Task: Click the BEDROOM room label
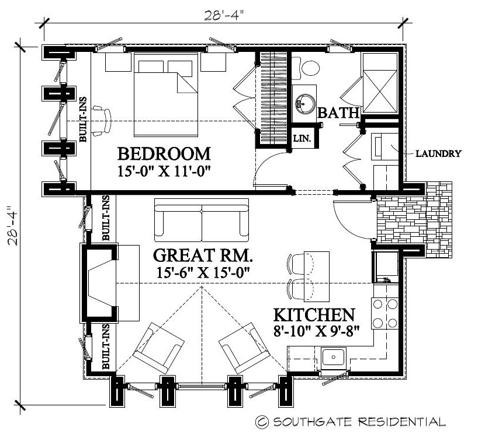click(164, 154)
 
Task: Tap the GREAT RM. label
click(203, 255)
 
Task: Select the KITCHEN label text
click(314, 315)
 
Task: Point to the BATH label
click(338, 113)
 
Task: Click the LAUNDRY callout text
click(438, 153)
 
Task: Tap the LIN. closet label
click(302, 139)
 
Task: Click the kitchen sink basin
click(333, 358)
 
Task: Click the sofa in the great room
click(202, 220)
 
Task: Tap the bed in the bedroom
click(166, 94)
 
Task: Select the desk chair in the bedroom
click(102, 121)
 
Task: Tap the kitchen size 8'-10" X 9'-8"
click(317, 331)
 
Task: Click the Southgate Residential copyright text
click(351, 422)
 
